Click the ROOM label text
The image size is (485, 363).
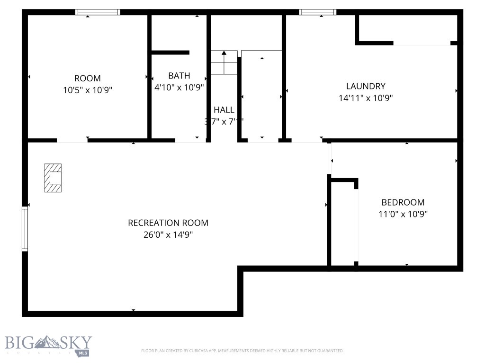point(88,78)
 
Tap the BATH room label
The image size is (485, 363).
point(179,76)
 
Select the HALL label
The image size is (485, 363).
point(224,110)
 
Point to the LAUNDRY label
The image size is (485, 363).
point(365,86)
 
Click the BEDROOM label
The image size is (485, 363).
point(403,202)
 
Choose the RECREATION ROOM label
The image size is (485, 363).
point(168,223)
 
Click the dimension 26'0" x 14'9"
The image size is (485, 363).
point(168,234)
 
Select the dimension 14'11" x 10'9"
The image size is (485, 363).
point(365,98)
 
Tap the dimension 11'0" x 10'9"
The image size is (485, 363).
point(403,214)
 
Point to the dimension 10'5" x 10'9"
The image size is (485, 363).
point(88,90)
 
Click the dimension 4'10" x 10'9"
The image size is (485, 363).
point(179,87)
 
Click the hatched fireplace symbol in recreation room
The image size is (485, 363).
point(53,178)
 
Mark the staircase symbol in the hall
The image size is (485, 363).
point(224,62)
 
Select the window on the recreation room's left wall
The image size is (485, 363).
point(25,229)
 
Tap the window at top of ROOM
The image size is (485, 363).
point(98,12)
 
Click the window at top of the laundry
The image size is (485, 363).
point(317,12)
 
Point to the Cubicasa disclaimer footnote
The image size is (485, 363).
point(242,351)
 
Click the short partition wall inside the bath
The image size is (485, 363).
point(170,52)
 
